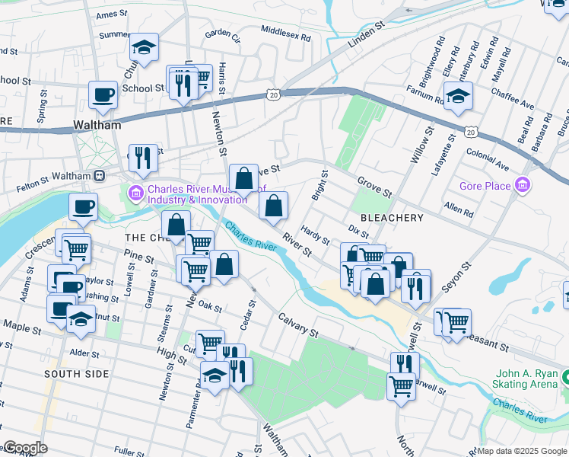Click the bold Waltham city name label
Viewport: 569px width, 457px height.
click(97, 125)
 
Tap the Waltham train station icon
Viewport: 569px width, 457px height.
click(99, 176)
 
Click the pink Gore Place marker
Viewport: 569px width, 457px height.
click(522, 185)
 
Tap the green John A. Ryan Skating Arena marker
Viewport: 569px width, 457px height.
click(564, 376)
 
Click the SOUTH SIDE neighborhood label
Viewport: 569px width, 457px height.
click(76, 374)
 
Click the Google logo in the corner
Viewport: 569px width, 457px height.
click(25, 448)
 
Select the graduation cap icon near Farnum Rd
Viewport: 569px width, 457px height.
click(458, 96)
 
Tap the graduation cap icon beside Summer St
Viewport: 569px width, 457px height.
click(143, 47)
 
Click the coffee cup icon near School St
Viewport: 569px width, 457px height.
click(103, 94)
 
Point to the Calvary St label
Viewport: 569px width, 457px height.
click(297, 324)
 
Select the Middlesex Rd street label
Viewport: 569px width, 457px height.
click(285, 36)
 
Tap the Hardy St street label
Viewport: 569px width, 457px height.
click(314, 234)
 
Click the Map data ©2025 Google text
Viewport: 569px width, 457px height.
click(522, 451)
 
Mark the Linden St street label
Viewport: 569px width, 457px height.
click(367, 36)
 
